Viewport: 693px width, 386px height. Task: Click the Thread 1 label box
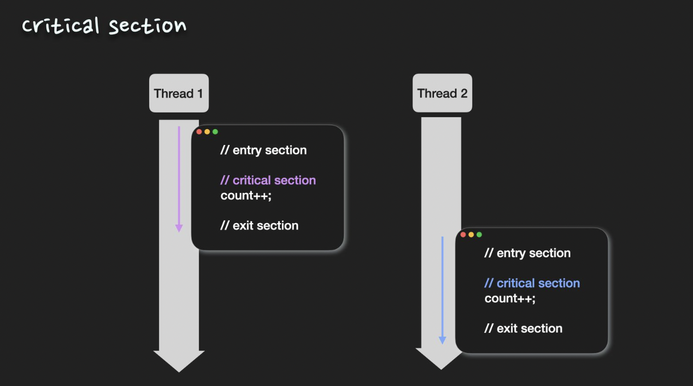pyautogui.click(x=179, y=93)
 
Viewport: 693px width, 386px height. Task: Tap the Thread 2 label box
pyautogui.click(x=442, y=93)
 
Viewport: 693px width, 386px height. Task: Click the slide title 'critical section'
pyautogui.click(x=104, y=25)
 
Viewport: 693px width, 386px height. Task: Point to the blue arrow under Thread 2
pyautogui.click(x=442, y=290)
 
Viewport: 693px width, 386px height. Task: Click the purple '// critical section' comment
pyautogui.click(x=268, y=180)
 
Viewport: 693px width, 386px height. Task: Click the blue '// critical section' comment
pyautogui.click(x=532, y=283)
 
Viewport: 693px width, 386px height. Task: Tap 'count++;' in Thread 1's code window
pyautogui.click(x=246, y=196)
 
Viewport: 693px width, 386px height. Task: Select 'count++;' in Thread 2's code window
pyautogui.click(x=510, y=299)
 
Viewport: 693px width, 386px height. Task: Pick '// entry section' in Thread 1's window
pyautogui.click(x=263, y=150)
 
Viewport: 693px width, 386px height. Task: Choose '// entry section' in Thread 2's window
pyautogui.click(x=527, y=253)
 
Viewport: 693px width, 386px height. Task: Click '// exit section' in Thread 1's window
pyautogui.click(x=259, y=226)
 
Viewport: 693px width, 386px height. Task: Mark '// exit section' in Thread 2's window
pyautogui.click(x=523, y=329)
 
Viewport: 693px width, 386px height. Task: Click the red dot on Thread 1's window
pyautogui.click(x=199, y=132)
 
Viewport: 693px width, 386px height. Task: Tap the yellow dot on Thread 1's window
pyautogui.click(x=207, y=132)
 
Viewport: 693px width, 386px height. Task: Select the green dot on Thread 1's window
pyautogui.click(x=215, y=132)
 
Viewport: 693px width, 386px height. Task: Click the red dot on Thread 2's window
pyautogui.click(x=463, y=235)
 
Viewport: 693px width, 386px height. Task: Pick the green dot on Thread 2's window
pyautogui.click(x=479, y=235)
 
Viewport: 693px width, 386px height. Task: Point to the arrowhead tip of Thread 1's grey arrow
pyautogui.click(x=179, y=370)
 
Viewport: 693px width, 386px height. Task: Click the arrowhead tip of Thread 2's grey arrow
pyautogui.click(x=441, y=368)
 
